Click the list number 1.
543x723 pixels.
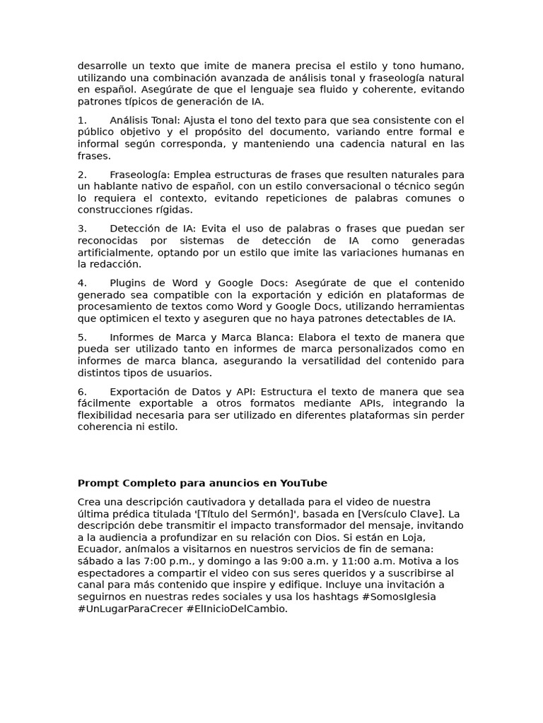pos(81,120)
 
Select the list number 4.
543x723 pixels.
pos(82,282)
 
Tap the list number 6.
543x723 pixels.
pos(82,391)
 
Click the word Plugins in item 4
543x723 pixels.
pos(129,282)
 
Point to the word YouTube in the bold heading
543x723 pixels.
pos(303,483)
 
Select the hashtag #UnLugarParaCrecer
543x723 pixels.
pos(130,609)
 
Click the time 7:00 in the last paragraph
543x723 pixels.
pos(155,561)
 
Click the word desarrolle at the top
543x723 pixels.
pos(104,66)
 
